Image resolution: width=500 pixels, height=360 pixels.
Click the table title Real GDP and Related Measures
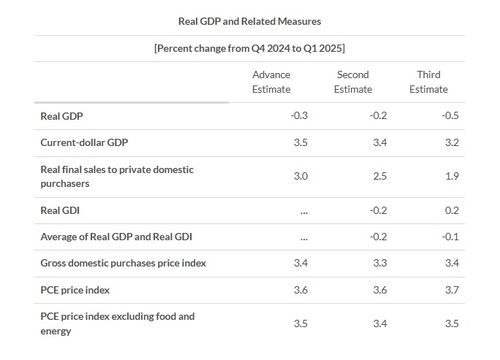250,20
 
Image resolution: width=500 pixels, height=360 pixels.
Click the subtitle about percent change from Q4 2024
250,48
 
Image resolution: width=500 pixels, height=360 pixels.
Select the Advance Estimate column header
271,82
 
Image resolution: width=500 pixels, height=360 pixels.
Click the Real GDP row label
62,116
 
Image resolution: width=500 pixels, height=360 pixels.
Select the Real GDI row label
60,211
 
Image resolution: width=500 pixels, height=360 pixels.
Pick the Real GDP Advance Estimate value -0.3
299,116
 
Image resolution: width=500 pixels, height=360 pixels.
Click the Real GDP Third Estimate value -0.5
451,116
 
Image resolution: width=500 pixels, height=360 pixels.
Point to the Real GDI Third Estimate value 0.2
453,211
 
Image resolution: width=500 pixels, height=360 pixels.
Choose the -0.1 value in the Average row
451,238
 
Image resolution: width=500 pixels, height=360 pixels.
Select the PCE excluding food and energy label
117,323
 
